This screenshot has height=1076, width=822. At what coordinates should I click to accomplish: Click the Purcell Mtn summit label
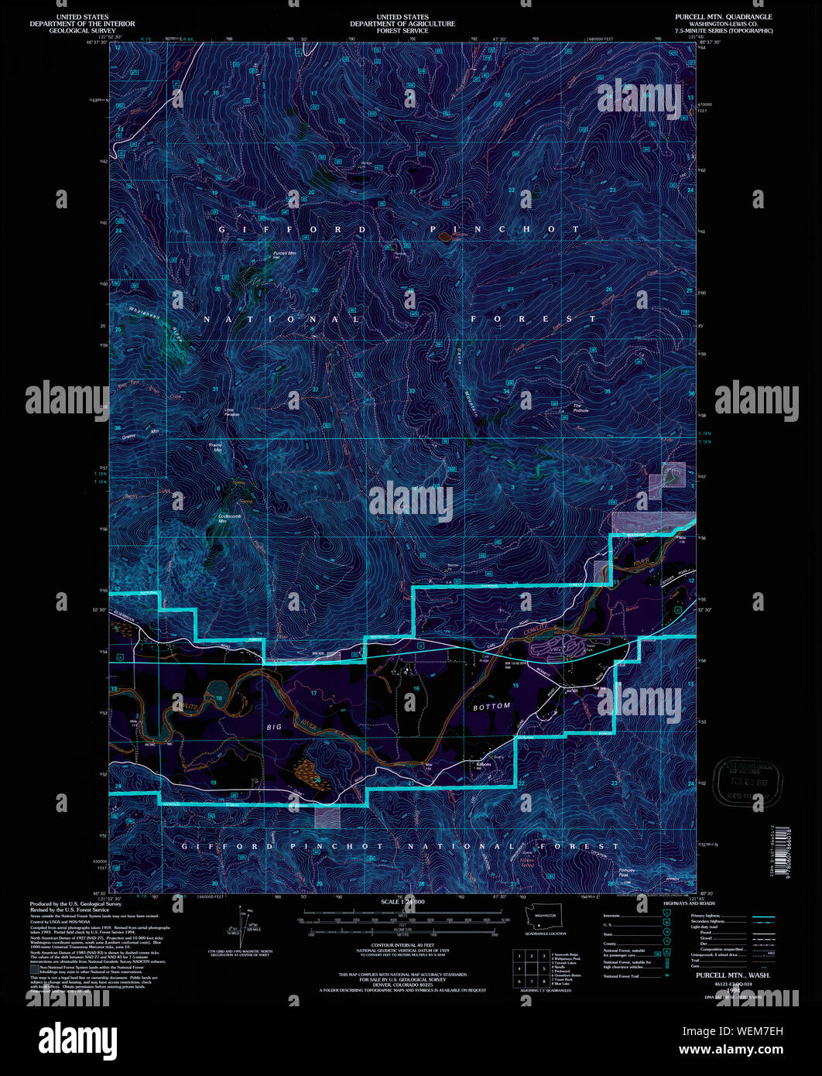pyautogui.click(x=284, y=255)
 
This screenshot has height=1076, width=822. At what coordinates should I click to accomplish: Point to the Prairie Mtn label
pyautogui.click(x=216, y=447)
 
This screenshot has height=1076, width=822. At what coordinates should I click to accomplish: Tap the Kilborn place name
pyautogui.click(x=482, y=764)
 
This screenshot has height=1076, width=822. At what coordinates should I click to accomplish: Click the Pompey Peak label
pyautogui.click(x=627, y=872)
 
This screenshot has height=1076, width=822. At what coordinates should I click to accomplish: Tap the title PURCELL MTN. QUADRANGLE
pyautogui.click(x=724, y=16)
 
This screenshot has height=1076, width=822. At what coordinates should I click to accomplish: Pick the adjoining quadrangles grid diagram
pyautogui.click(x=530, y=968)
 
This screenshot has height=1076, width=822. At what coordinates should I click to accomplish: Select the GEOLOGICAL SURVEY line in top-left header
pyautogui.click(x=81, y=30)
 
